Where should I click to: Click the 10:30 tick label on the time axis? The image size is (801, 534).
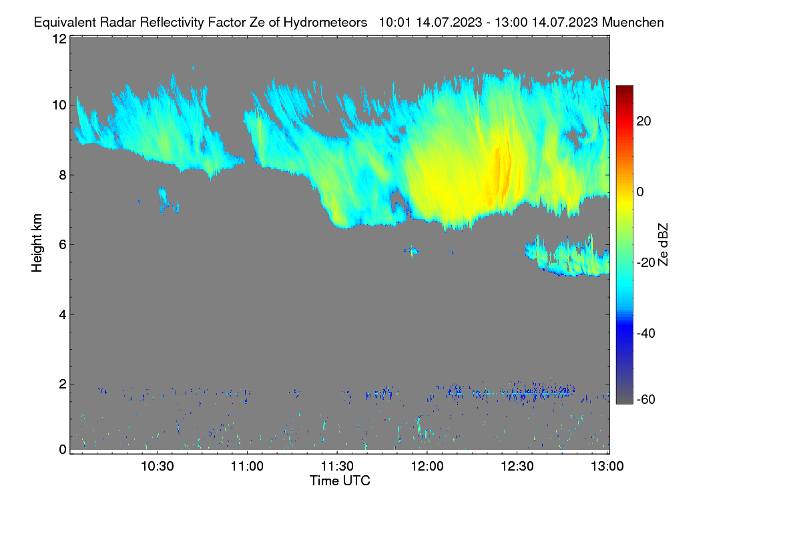(158, 467)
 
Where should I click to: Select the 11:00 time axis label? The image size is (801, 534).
(247, 467)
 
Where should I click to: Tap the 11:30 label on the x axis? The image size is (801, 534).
(337, 467)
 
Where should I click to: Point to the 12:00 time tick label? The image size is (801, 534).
(427, 467)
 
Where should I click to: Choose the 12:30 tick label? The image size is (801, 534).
(517, 467)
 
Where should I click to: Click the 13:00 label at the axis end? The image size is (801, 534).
(607, 467)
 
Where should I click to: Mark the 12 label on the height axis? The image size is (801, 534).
(59, 39)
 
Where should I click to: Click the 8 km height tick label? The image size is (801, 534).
(63, 176)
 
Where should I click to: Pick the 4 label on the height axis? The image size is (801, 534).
(63, 315)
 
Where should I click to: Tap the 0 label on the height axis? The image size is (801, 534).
(63, 450)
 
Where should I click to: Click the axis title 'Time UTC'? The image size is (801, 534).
(340, 481)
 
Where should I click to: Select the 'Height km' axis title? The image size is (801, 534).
(37, 243)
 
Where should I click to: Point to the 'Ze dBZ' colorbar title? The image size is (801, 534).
(663, 245)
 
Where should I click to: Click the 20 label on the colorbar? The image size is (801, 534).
(643, 121)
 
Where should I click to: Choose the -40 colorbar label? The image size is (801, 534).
(646, 333)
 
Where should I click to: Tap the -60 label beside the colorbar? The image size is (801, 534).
(646, 400)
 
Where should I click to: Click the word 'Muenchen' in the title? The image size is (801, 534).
(633, 23)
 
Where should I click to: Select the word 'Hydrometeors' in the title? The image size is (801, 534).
(325, 23)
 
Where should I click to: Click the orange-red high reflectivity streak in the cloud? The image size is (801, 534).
(503, 176)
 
